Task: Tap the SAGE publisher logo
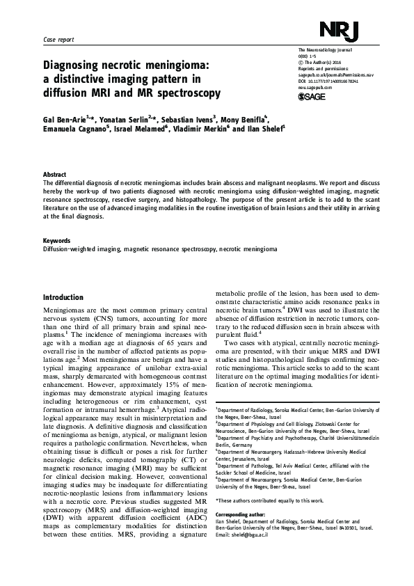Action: (x=312, y=97)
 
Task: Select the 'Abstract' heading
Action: (x=55, y=174)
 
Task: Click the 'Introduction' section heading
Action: (x=63, y=297)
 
